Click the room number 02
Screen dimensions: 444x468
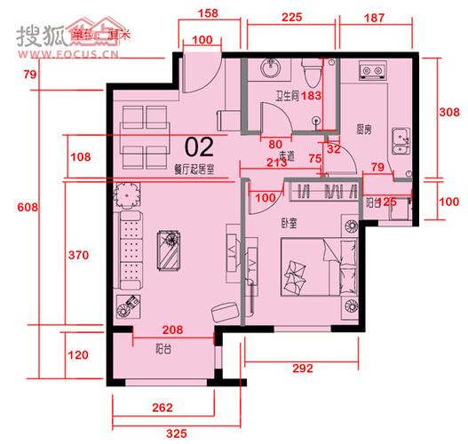[201, 147]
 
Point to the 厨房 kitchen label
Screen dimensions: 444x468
[363, 130]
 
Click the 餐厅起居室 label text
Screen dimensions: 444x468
[201, 166]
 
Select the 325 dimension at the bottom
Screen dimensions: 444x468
[174, 434]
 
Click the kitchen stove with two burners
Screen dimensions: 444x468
[370, 70]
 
